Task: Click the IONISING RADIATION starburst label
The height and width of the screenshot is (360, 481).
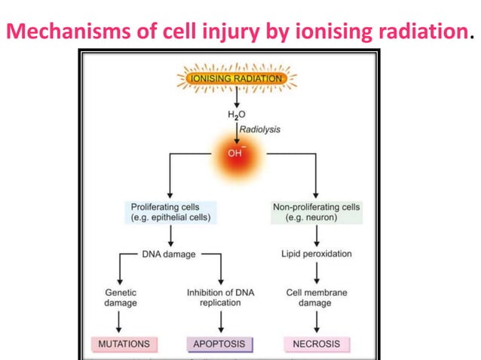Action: pos(237,78)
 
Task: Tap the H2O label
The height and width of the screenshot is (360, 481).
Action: pos(237,115)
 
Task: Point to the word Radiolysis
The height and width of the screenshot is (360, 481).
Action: pos(260,130)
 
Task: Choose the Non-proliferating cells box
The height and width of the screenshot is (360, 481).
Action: pos(316,212)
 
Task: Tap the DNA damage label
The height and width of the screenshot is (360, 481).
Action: pos(169,254)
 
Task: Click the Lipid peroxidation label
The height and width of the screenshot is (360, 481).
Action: pos(316,254)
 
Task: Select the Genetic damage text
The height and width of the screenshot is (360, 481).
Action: pos(120,297)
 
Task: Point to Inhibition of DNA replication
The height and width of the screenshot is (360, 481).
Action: pos(220,297)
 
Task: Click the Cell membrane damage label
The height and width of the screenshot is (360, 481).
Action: pos(316,297)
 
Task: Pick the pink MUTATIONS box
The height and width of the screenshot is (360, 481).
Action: pos(120,344)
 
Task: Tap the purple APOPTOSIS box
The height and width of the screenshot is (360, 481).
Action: pos(220,344)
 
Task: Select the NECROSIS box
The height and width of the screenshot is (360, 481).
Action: pos(316,344)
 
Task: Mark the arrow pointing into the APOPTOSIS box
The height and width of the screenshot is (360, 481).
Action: pos(220,322)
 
